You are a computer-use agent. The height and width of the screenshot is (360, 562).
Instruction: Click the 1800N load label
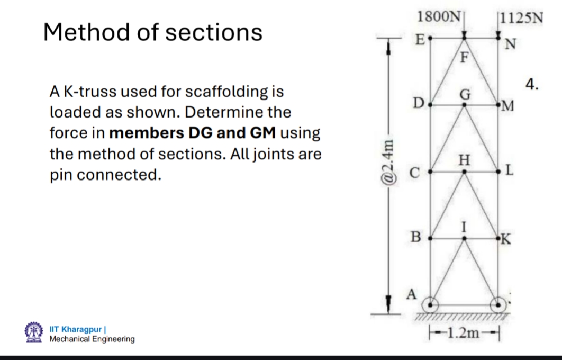(439, 16)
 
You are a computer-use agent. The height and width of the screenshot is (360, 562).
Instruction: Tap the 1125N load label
(521, 18)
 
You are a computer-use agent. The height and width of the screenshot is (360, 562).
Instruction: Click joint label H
(464, 159)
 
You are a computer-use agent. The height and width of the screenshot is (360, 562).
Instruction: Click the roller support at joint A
(433, 305)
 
